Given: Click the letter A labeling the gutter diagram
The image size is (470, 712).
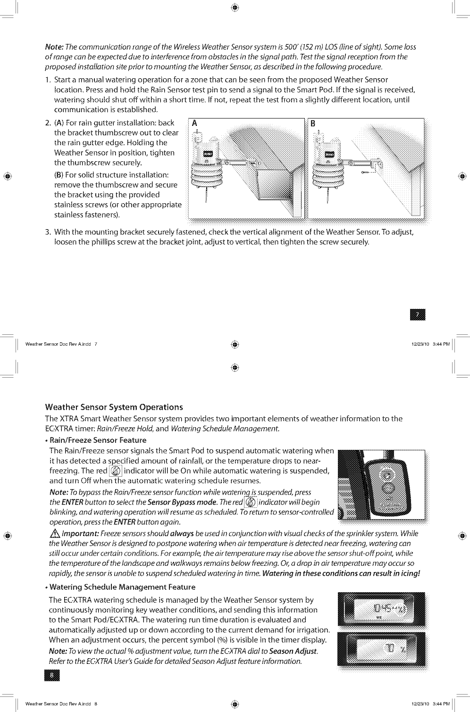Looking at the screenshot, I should (x=194, y=124).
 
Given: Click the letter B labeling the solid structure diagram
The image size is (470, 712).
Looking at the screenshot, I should (x=312, y=124).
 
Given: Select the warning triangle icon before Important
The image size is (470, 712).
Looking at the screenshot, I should (x=52, y=534).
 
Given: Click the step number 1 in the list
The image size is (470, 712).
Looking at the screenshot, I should (x=48, y=79).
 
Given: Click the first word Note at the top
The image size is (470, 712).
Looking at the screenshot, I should (x=53, y=47).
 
